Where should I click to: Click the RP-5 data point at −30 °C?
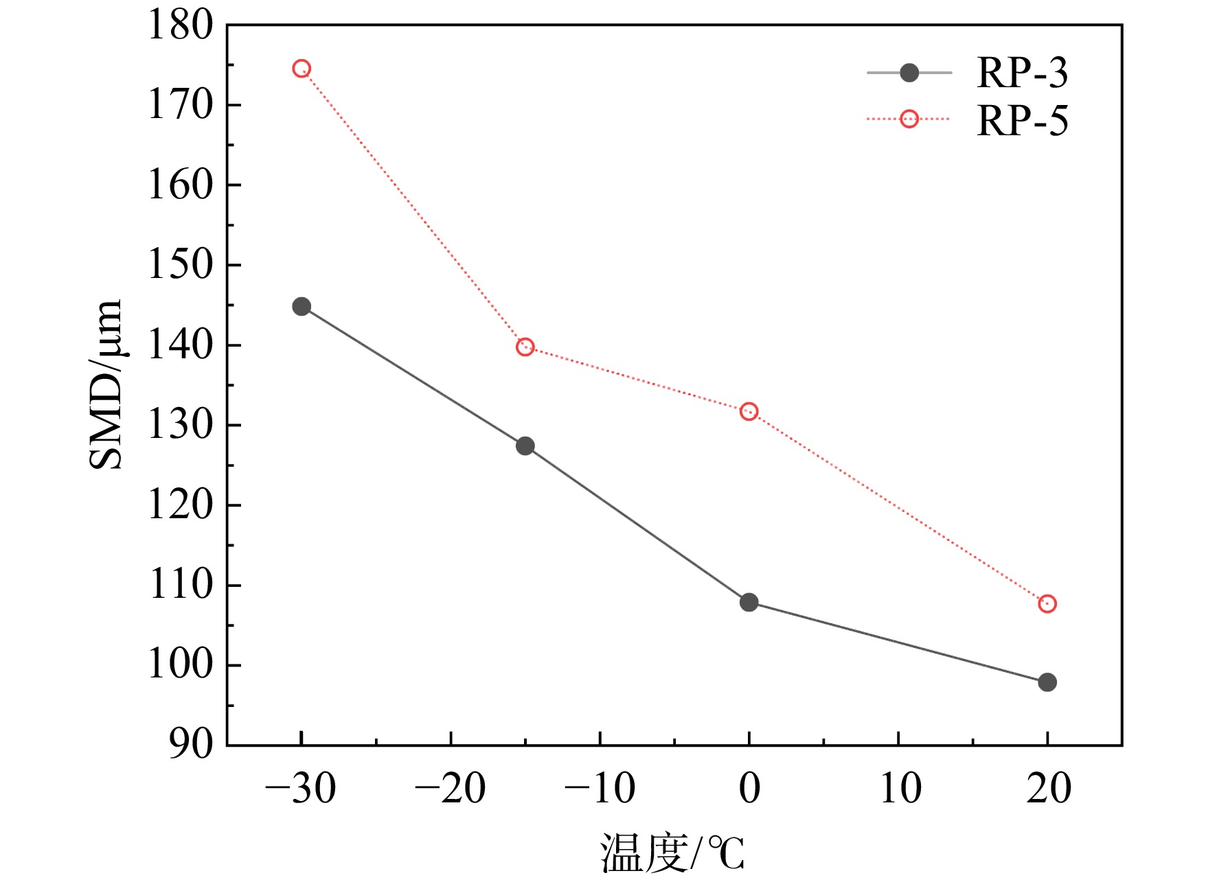tap(302, 69)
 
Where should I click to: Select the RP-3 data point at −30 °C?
tap(302, 306)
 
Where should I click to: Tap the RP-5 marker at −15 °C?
tap(525, 347)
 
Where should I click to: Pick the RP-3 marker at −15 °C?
tap(525, 446)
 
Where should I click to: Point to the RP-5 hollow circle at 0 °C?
tap(749, 412)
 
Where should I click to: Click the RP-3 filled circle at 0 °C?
tap(749, 603)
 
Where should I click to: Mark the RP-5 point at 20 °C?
tap(1047, 604)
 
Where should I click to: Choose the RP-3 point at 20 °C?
tap(1047, 682)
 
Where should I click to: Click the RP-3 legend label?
tap(1023, 73)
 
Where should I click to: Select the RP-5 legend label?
tap(1023, 121)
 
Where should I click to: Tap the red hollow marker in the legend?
tap(909, 119)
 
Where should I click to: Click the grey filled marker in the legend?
tap(909, 73)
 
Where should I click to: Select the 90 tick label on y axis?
tap(192, 745)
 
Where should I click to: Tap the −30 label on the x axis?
tap(301, 788)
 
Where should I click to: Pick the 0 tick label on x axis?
tap(749, 788)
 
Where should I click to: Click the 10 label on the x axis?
tap(900, 788)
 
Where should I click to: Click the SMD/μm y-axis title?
tap(106, 384)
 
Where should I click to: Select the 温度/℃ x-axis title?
tap(672, 852)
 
